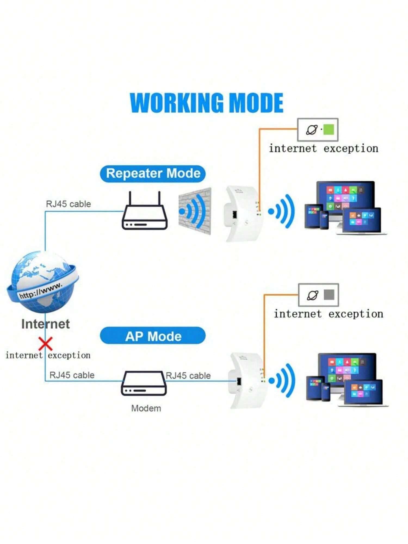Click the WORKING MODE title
pos(207,103)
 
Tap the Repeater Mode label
pos(153,174)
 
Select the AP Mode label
pos(153,336)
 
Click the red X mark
pos(46,344)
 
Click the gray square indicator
pos(329,295)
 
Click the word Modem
pos(146,408)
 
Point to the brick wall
pos(195,211)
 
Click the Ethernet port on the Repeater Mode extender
pos(234,215)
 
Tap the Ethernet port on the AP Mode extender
pos(239,381)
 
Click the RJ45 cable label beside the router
pos(68,204)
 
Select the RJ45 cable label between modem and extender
pos(188,376)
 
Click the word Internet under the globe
pos(45,324)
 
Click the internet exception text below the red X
pos(48,355)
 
